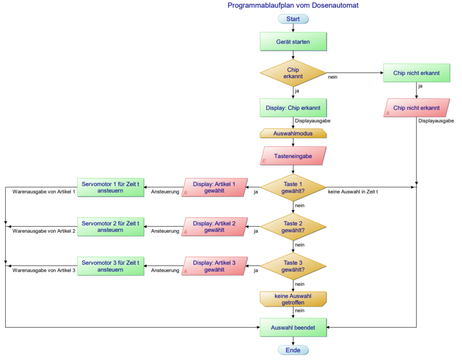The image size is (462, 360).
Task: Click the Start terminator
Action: (x=293, y=19)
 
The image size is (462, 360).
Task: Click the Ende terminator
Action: (x=293, y=350)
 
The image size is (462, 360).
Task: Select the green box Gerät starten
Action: (x=293, y=42)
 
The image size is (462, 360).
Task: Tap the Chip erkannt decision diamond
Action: (x=293, y=73)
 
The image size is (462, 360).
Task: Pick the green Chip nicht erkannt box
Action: (x=416, y=73)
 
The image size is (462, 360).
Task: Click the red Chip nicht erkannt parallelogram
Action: (x=416, y=108)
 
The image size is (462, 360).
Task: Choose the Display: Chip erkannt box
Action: (x=293, y=108)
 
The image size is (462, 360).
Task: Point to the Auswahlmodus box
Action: (x=293, y=132)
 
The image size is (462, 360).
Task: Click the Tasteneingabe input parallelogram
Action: (x=293, y=156)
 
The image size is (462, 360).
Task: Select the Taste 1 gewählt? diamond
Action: (x=293, y=187)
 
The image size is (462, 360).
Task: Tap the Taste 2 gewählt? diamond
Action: (x=293, y=227)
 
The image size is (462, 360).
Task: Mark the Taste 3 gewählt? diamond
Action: (x=293, y=266)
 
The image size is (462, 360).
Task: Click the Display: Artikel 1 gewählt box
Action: (x=214, y=187)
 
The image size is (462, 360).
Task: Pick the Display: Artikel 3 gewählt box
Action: (x=214, y=266)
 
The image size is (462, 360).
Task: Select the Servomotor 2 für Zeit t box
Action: (x=110, y=227)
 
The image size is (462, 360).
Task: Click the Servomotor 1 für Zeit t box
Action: (x=110, y=187)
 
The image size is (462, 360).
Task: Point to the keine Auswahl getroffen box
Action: (x=293, y=299)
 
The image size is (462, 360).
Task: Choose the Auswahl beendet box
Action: (x=293, y=327)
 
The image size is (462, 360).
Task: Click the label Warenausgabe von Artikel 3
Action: (x=44, y=270)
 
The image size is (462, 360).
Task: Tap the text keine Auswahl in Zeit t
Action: (x=353, y=192)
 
